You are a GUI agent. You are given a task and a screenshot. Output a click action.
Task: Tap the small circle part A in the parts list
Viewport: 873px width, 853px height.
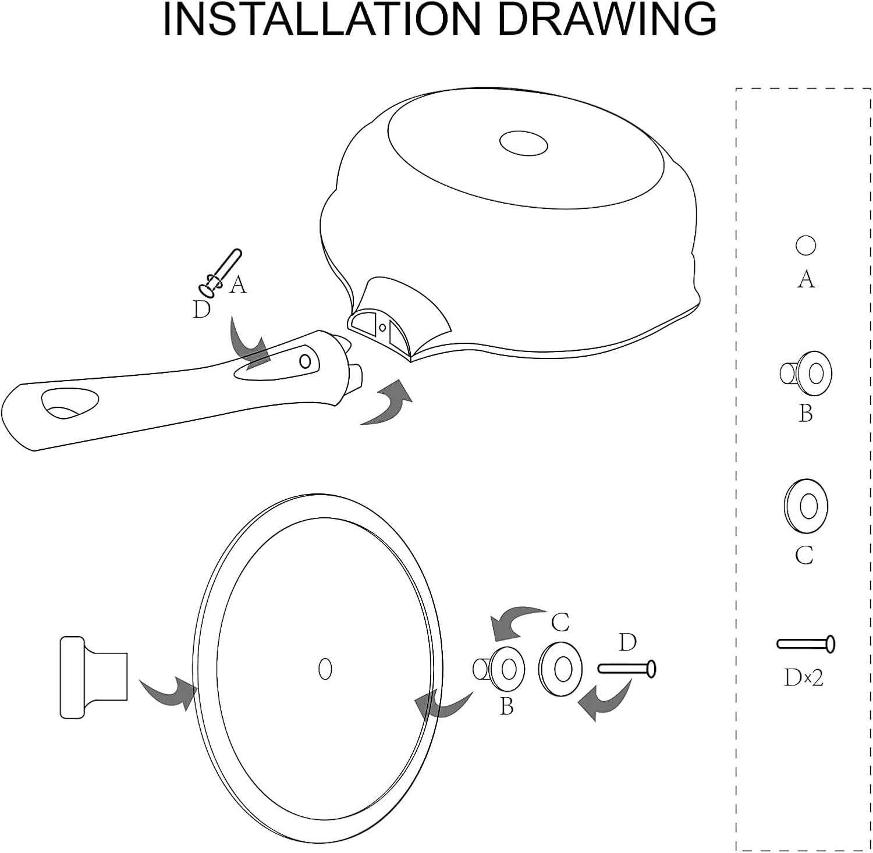pos(805,246)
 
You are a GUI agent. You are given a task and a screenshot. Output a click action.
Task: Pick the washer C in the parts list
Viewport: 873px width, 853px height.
pos(806,506)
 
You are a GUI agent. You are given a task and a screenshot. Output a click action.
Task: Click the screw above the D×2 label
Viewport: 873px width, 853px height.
pos(806,644)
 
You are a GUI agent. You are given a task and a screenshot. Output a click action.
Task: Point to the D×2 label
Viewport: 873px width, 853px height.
pos(804,677)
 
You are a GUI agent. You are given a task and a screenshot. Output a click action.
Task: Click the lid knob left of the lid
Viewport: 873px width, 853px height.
pos(94,677)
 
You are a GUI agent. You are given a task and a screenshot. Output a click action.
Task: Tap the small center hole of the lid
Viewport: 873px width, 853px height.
pos(325,669)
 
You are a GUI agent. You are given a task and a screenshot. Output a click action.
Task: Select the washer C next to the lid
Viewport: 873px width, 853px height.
pos(560,669)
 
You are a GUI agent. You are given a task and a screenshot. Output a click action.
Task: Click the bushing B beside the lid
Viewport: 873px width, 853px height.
pos(499,669)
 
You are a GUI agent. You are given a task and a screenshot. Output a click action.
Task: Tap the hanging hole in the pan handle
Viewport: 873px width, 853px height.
pos(70,403)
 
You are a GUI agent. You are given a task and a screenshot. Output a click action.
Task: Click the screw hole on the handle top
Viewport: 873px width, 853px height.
pos(305,361)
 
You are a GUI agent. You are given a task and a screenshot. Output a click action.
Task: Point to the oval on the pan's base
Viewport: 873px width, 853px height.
pos(524,143)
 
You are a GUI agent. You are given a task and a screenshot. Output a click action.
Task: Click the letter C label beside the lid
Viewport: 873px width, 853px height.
pos(560,623)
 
